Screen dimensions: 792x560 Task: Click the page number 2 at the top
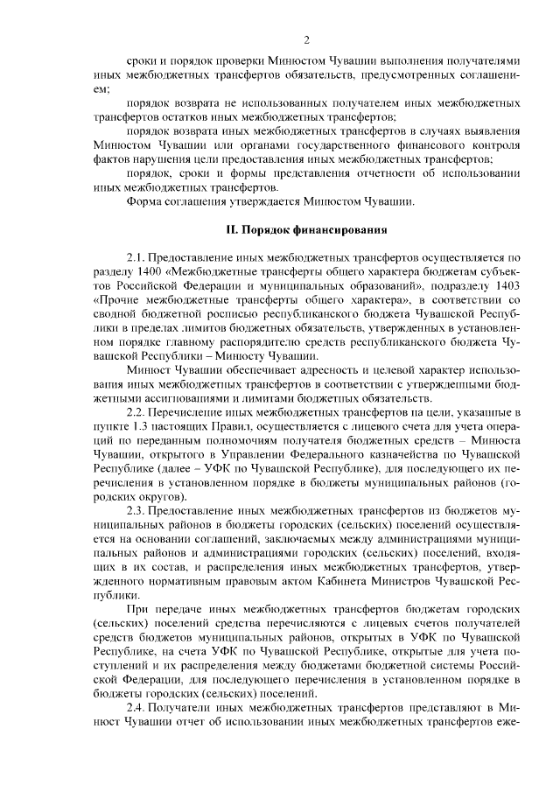[x=306, y=39]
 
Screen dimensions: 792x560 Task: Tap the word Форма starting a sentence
[x=143, y=201]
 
